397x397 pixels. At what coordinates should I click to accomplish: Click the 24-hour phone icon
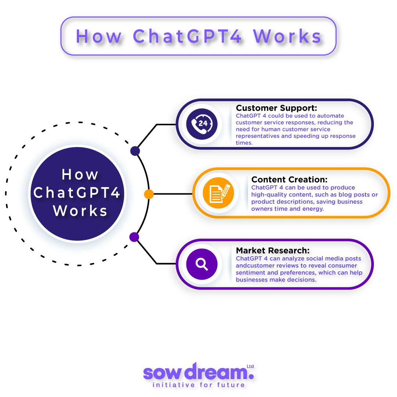coord(202,124)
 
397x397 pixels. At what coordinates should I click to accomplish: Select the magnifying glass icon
coord(202,264)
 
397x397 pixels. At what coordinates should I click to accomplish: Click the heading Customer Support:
coord(276,108)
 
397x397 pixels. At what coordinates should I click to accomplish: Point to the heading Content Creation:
coord(289,180)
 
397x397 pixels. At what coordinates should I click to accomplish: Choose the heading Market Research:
coord(273,251)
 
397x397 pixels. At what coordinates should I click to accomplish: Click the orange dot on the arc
coord(149,194)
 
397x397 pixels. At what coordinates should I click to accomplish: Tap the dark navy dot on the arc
coord(135,151)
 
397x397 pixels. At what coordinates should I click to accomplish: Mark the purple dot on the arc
coord(134,237)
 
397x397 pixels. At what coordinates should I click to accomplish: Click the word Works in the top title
coord(287,36)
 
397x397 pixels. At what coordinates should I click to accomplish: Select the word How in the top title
coord(99,36)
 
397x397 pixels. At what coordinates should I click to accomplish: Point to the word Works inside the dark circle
coord(81,211)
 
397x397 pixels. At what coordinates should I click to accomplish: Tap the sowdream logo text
coord(195,372)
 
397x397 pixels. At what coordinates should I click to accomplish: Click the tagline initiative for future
coord(198,385)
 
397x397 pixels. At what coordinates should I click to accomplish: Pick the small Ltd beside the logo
coord(250,366)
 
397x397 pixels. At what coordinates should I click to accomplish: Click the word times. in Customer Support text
coord(244,143)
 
